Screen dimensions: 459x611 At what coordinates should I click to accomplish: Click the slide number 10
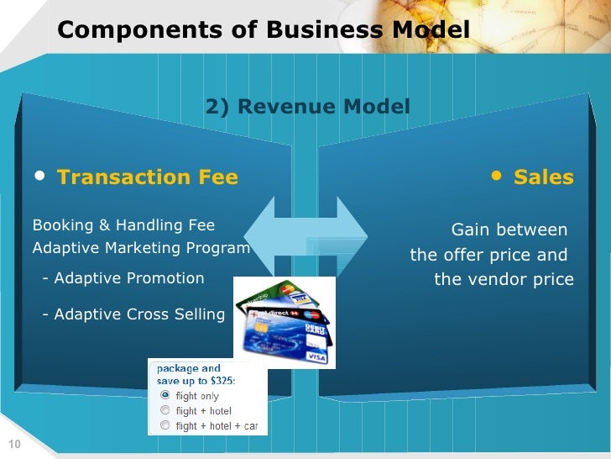pyautogui.click(x=13, y=445)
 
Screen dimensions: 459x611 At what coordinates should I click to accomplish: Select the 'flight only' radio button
pyautogui.click(x=165, y=395)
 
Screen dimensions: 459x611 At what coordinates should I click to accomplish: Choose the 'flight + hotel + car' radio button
pyautogui.click(x=165, y=425)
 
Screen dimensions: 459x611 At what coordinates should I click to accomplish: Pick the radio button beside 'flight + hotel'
pyautogui.click(x=165, y=410)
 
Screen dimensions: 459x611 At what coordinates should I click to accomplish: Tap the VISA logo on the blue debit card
pyautogui.click(x=316, y=357)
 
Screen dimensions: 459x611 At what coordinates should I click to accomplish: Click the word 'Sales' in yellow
pyautogui.click(x=543, y=177)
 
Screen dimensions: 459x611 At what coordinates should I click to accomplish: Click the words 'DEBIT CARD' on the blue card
pyautogui.click(x=316, y=330)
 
